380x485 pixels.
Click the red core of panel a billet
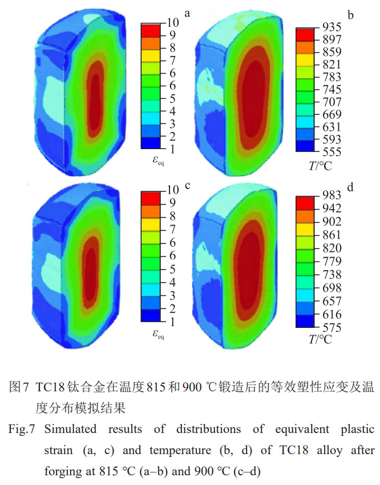[x=96, y=91]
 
